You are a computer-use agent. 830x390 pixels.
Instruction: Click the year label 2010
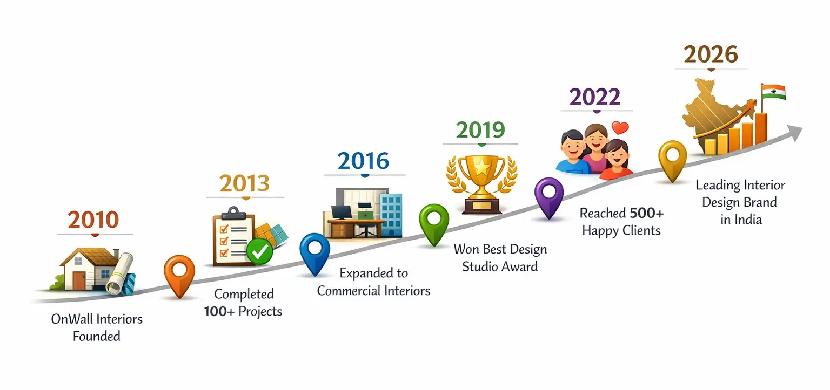pyautogui.click(x=93, y=220)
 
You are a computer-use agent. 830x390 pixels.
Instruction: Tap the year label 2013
pyautogui.click(x=245, y=183)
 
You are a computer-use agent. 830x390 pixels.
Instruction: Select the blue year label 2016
pyautogui.click(x=363, y=161)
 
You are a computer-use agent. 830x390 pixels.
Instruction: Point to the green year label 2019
pyautogui.click(x=480, y=130)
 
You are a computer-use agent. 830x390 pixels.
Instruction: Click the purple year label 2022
pyautogui.click(x=595, y=97)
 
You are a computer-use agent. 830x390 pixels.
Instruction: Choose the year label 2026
pyautogui.click(x=711, y=55)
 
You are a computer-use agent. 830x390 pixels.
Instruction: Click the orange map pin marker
pyautogui.click(x=179, y=276)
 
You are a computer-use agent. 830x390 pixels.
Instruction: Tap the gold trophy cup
pyautogui.click(x=481, y=184)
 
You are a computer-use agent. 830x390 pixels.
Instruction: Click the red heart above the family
pyautogui.click(x=620, y=128)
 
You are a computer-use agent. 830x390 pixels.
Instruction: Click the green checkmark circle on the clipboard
pyautogui.click(x=260, y=251)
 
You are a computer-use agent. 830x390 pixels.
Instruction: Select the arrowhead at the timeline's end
pyautogui.click(x=794, y=133)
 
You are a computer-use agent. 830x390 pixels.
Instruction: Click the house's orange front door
pyautogui.click(x=79, y=281)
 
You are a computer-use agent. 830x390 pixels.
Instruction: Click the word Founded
pyautogui.click(x=97, y=337)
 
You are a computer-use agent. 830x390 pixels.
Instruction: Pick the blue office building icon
pyautogui.click(x=391, y=215)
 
